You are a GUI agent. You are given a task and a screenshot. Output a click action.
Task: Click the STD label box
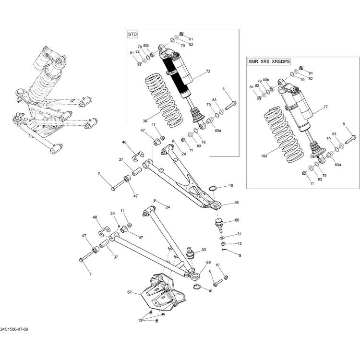(x=132, y=35)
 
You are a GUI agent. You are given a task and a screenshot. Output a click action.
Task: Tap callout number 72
(x=208, y=72)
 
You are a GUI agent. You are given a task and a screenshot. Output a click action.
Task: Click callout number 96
(x=236, y=203)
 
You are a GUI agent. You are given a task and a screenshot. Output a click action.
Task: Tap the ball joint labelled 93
(x=190, y=252)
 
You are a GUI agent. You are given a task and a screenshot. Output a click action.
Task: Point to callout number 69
(x=208, y=263)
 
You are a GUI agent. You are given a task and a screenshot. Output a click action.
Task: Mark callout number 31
(x=239, y=234)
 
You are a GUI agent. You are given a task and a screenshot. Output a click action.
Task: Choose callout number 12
(x=239, y=244)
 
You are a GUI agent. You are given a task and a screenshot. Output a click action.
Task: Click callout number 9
(x=240, y=255)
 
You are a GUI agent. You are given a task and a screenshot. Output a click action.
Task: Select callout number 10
(x=217, y=265)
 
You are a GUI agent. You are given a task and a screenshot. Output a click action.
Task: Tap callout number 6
(x=210, y=272)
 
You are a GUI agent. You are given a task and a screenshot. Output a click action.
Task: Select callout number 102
(x=264, y=156)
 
